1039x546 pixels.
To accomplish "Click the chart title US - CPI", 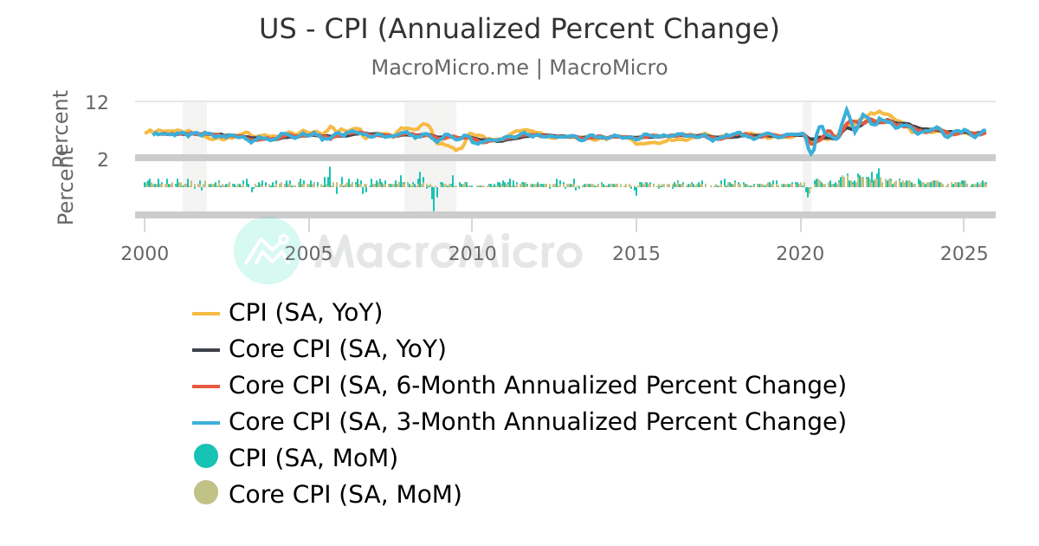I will (519, 29).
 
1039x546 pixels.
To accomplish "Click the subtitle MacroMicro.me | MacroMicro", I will (519, 68).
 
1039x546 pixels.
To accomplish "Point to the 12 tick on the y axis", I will (97, 102).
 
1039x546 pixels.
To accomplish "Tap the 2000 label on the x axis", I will (145, 254).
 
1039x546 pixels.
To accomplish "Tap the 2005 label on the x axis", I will (308, 254).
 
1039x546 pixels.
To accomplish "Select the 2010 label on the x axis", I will (472, 254).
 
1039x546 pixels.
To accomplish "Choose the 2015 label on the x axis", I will (636, 254).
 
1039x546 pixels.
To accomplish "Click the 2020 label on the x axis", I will (800, 254).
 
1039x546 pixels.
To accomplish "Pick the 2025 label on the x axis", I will (964, 254).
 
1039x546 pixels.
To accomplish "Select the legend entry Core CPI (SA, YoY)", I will (337, 349).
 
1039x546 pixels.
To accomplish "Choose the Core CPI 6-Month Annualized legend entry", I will (537, 385).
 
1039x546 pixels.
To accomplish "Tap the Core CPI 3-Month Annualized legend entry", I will (537, 421).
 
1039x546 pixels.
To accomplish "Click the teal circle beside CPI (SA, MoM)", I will (206, 457).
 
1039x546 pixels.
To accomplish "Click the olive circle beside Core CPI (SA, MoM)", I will (206, 493).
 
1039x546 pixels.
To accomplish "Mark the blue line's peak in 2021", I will (847, 110).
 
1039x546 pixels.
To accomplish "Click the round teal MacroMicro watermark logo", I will (268, 250).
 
